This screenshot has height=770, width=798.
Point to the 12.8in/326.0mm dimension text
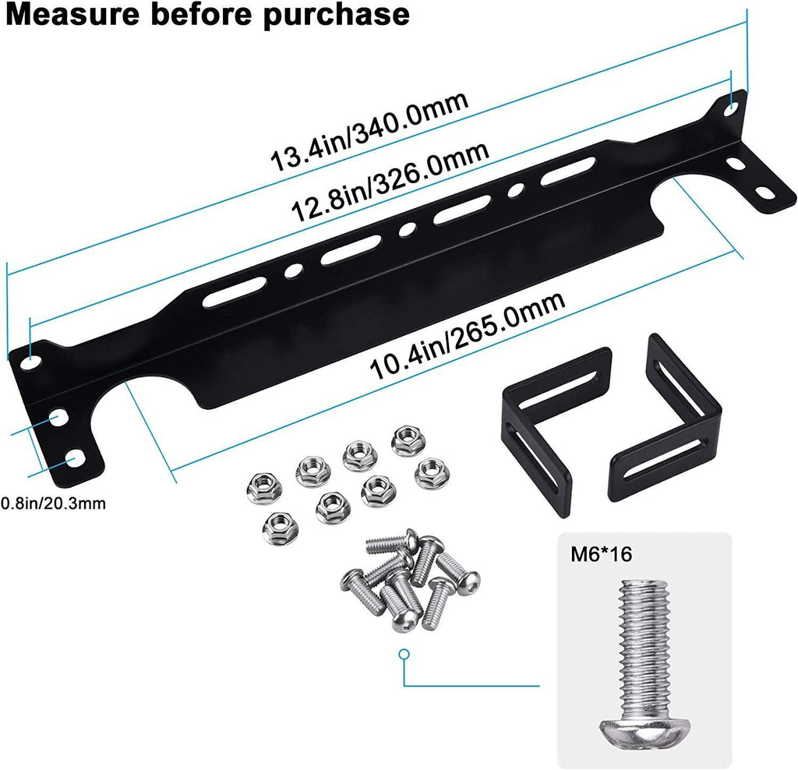[x=390, y=181]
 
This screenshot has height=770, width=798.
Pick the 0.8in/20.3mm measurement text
[x=53, y=503]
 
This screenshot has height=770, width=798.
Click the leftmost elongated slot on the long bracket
[x=231, y=296]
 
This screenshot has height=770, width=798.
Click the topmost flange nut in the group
[x=406, y=440]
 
